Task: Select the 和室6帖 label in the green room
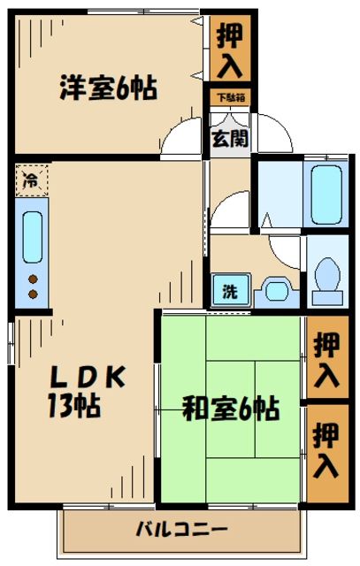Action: [x=230, y=409]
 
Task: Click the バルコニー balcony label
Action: [x=181, y=531]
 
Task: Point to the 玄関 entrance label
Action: [x=229, y=138]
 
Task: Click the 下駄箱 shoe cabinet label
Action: [x=229, y=97]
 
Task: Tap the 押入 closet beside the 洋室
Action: [x=229, y=50]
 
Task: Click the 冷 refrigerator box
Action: [x=30, y=180]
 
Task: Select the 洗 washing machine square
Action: [x=228, y=290]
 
